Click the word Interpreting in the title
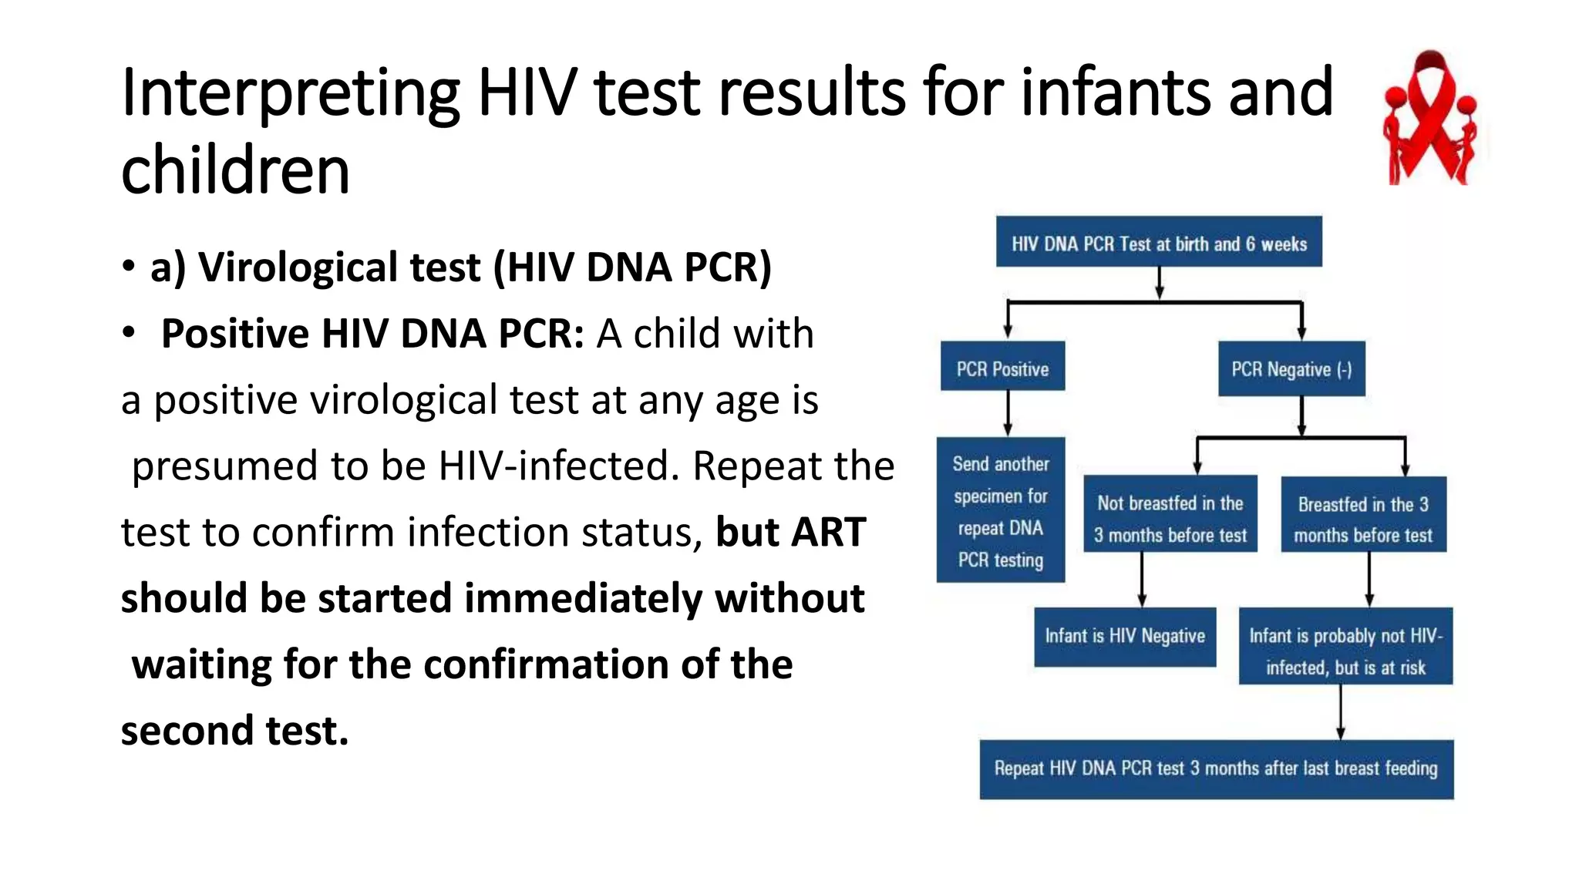click(x=290, y=94)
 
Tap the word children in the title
click(x=235, y=171)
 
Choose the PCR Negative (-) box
click(x=1291, y=369)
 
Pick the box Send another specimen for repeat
click(x=1000, y=510)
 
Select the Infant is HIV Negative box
click(x=1124, y=637)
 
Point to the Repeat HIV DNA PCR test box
click(x=1216, y=769)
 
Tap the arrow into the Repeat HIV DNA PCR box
click(x=1341, y=712)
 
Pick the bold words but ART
click(x=790, y=533)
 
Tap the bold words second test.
click(x=234, y=731)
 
